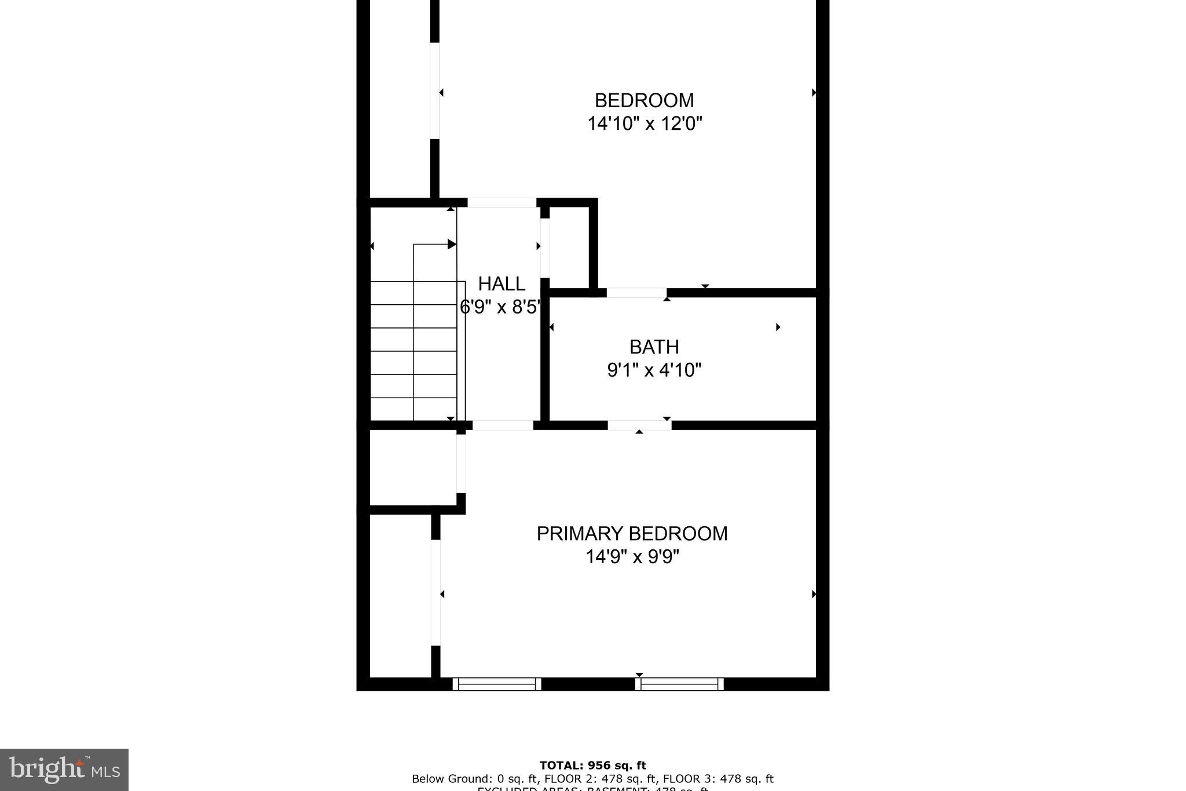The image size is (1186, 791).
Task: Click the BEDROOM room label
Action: [x=644, y=100]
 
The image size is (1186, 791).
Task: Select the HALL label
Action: [x=502, y=284]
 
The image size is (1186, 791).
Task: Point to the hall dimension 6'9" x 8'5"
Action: [x=500, y=307]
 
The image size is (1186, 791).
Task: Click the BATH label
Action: [x=654, y=347]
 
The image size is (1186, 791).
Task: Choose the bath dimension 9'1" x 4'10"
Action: [x=654, y=370]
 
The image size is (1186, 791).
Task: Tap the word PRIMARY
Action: [x=580, y=534]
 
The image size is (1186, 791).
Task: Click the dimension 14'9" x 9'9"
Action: [x=632, y=557]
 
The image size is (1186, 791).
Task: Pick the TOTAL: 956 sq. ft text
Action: [x=592, y=766]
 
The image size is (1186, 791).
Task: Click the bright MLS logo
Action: [x=64, y=769]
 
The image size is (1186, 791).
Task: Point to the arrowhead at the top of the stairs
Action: [x=452, y=245]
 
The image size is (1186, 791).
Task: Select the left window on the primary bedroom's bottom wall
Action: [x=496, y=684]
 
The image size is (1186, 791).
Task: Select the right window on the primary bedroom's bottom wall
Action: [x=679, y=684]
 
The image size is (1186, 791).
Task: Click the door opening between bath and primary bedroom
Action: [x=639, y=425]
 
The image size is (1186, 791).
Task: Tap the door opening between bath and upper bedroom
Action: [x=636, y=293]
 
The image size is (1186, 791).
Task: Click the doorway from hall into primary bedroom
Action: [x=503, y=425]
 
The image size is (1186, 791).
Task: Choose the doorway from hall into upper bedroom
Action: [x=502, y=203]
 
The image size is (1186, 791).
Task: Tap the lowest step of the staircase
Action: [x=413, y=409]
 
